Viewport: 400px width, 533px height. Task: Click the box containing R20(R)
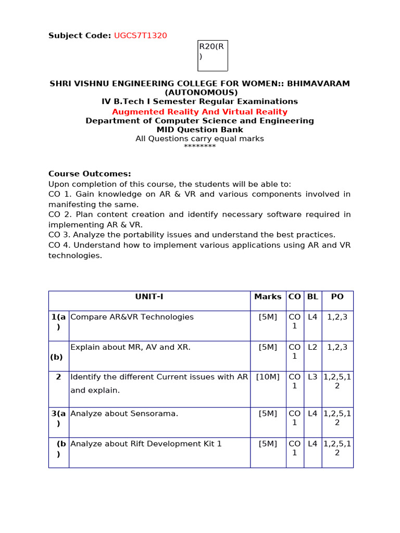[213, 55]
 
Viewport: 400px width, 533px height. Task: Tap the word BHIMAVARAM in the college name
[319, 83]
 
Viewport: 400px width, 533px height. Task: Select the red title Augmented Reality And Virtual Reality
[199, 112]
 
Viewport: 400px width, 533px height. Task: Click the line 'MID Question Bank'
[199, 130]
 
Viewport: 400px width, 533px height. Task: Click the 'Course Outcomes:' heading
[90, 174]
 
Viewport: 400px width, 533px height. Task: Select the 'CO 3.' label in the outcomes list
[58, 235]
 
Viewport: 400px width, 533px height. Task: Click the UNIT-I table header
[149, 297]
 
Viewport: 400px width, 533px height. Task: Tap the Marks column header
[268, 297]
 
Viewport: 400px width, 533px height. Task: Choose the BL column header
[312, 297]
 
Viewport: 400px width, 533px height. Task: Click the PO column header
[337, 297]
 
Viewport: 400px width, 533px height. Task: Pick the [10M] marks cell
[268, 377]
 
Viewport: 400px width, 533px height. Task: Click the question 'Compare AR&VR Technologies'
[132, 317]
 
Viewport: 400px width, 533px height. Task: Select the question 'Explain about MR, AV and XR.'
[130, 347]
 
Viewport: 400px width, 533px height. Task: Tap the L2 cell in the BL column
[312, 347]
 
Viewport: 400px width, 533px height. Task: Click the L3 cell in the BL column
[312, 377]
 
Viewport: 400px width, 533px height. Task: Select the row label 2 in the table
[58, 377]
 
